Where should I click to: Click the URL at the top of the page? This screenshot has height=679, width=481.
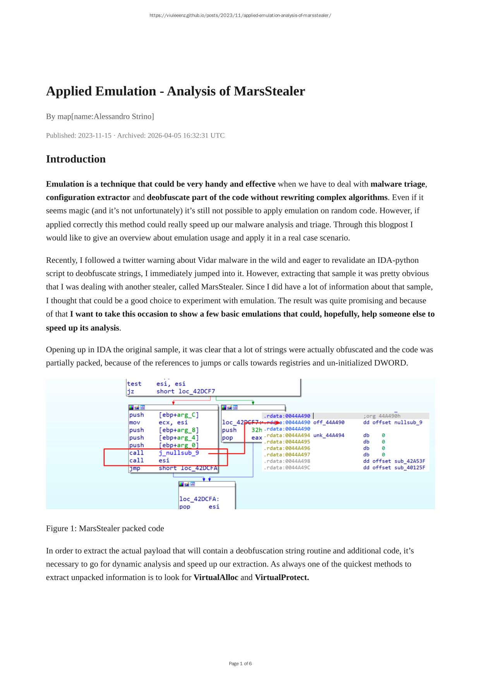240,15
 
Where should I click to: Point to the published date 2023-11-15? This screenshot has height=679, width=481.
94,135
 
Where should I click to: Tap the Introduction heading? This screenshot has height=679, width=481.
76,159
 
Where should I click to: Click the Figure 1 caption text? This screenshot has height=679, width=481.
105,528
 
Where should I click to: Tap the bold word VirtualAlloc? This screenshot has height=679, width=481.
216,577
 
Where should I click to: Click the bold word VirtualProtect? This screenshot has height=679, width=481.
282,577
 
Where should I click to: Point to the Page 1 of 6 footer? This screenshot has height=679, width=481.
240,664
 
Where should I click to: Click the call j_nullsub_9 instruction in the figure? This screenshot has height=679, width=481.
164,453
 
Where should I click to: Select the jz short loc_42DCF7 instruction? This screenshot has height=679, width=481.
171,391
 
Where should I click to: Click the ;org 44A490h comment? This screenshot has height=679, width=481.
381,416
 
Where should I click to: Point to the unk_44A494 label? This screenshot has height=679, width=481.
328,435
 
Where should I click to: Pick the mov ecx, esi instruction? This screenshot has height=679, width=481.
158,423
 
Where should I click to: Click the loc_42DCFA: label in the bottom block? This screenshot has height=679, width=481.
199,499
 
